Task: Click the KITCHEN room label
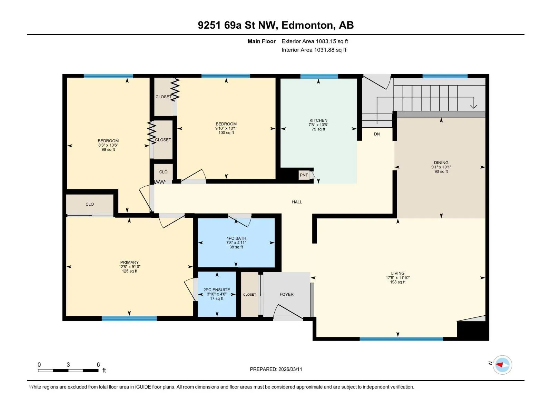point(318,120)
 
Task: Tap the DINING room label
point(441,162)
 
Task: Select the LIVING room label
point(397,273)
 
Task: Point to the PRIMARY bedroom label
point(129,262)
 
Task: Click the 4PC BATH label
point(236,238)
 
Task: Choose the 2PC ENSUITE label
point(217,290)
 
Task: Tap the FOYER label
point(286,294)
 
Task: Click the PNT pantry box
point(304,175)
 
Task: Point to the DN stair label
point(376,134)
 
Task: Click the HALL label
point(296,202)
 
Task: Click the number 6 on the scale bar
point(98,364)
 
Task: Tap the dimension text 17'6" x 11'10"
point(397,278)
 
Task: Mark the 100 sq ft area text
point(226,133)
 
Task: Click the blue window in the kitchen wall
point(319,76)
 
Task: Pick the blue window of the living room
point(401,339)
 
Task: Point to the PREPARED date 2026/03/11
point(290,369)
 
